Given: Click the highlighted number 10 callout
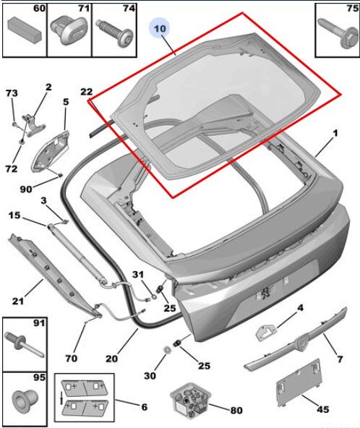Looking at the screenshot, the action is point(160,28).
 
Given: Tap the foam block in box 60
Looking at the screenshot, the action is point(25,30).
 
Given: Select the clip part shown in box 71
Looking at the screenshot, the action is point(69,30).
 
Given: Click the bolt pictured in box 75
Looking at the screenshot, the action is point(338,33).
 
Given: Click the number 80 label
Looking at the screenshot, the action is point(236,410).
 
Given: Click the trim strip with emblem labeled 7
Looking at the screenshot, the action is point(296,340).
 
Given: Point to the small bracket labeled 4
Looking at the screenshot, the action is point(266,332).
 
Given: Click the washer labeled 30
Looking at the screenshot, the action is point(166,349).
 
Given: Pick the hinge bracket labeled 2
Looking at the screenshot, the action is point(33,125).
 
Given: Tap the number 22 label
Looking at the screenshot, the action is point(86,92).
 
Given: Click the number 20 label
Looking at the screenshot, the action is point(111,358).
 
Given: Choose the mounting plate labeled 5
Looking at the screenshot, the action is point(50,151).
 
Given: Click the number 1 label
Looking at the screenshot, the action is point(335,134).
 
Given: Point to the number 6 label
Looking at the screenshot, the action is point(145,407).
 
